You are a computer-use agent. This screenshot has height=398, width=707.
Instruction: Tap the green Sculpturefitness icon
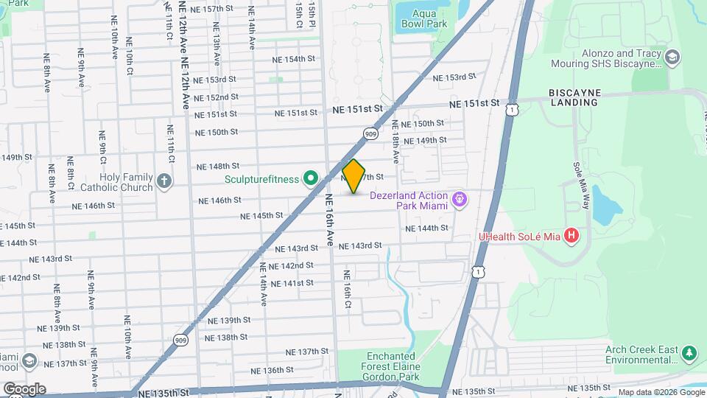(311, 178)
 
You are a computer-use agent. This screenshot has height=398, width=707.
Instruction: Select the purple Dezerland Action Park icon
(460, 199)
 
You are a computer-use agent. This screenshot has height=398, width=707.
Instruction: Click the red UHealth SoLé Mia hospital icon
(571, 237)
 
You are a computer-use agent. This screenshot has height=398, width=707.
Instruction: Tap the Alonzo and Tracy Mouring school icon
(671, 57)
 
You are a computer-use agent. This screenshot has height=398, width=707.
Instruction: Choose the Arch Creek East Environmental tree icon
(689, 354)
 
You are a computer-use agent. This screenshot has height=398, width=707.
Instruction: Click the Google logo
(24, 388)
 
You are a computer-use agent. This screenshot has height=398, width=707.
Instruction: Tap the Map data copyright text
(660, 392)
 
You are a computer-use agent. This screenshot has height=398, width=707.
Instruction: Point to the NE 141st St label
(293, 283)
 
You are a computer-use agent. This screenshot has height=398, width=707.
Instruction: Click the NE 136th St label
(263, 370)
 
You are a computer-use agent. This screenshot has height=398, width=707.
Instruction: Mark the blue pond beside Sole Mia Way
(603, 204)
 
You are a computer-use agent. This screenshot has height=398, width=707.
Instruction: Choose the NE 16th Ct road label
(346, 289)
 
